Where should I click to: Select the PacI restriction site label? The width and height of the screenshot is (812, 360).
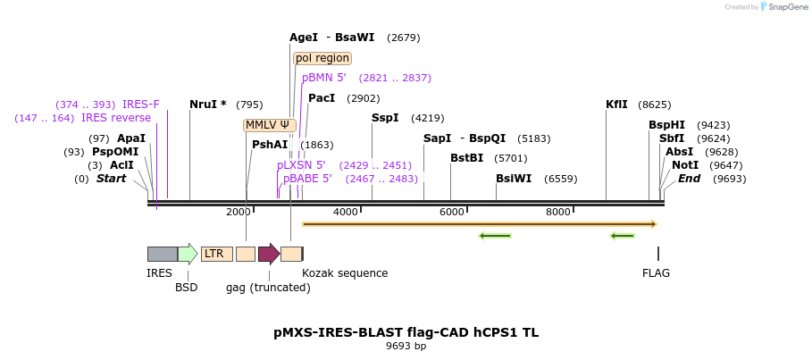pos(322,98)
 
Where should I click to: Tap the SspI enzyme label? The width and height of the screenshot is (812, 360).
pos(385,118)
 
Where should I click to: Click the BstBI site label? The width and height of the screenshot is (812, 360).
pos(466,158)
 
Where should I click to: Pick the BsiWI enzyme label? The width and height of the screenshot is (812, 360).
pos(514,179)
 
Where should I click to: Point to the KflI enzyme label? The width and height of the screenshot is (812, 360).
pos(616,105)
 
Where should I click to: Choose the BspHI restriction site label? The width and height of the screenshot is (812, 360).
pos(666,125)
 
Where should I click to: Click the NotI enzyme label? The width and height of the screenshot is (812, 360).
pos(685,165)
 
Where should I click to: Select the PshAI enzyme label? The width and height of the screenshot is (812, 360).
pos(270,145)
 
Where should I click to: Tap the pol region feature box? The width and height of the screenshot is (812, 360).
pos(322,58)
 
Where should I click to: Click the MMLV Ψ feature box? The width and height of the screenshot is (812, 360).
pos(269,125)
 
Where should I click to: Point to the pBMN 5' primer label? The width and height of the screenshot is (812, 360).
pos(324,78)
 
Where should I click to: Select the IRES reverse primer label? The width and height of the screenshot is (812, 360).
pos(116,118)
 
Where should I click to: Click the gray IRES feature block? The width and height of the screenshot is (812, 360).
pos(162,254)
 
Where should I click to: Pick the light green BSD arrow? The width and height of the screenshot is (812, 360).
pos(188,254)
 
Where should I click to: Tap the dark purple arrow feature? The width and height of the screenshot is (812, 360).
pos(269,254)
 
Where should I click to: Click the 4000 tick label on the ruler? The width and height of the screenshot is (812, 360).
pos(345,212)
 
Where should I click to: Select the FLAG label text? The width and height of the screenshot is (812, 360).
pos(656,273)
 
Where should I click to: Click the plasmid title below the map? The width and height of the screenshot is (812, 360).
pos(406,332)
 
